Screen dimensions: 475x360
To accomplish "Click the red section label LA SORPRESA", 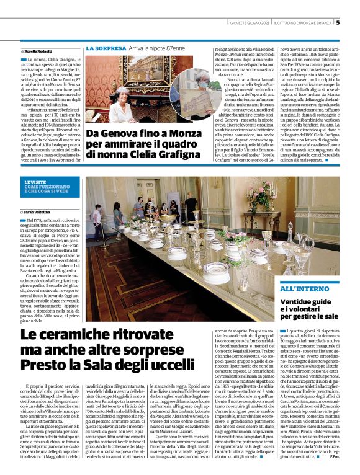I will point(105,48).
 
